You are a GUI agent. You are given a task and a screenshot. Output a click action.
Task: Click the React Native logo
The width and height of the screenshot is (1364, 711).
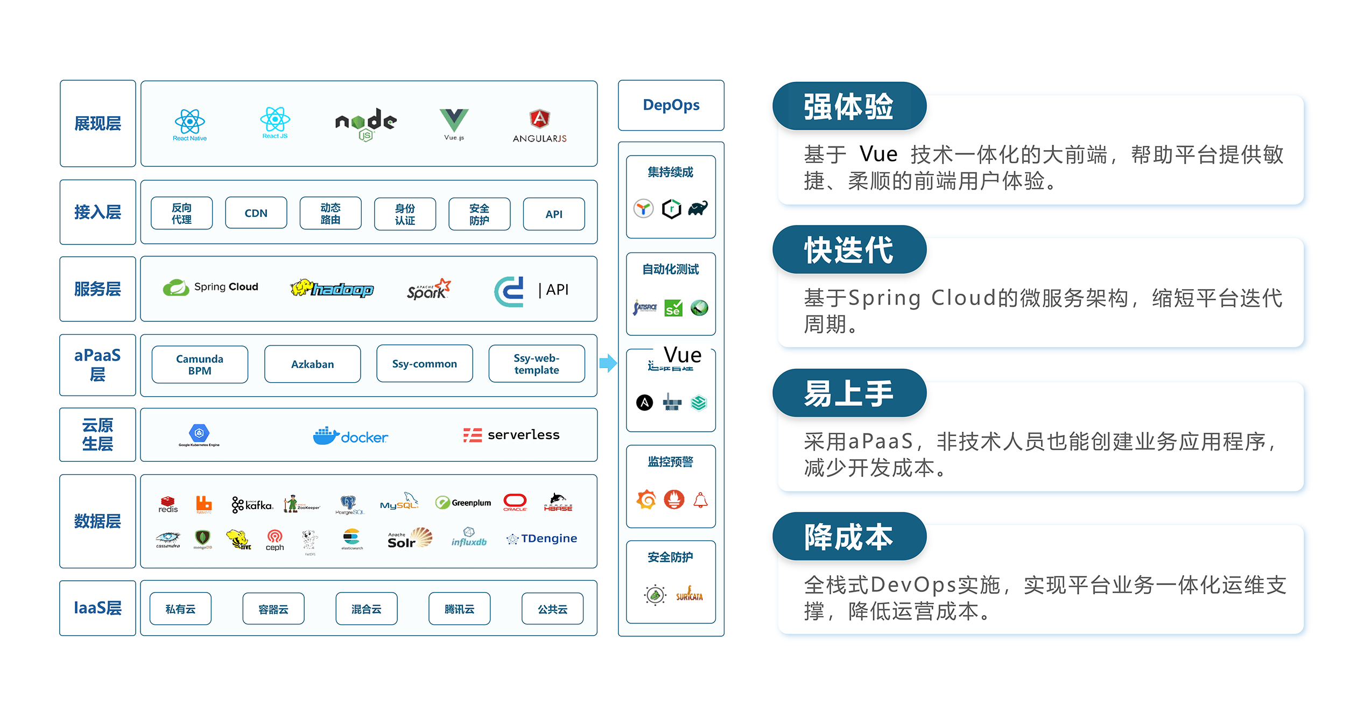coord(189,124)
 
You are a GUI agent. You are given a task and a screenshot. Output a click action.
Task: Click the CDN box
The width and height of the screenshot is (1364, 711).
coord(256,213)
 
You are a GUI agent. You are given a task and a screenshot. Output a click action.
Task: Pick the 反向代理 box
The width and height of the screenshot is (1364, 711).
coord(181,213)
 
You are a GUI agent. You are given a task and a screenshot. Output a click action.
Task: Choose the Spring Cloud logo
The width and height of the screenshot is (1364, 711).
coord(210,287)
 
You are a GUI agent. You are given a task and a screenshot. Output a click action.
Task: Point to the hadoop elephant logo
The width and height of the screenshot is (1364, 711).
coord(332,289)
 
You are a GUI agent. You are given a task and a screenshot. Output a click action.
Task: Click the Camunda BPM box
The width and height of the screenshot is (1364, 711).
coord(200,364)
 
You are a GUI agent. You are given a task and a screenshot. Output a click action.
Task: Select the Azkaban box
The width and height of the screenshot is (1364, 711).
coord(312,364)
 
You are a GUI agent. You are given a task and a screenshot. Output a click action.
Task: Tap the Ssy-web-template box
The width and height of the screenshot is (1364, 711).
coord(536,364)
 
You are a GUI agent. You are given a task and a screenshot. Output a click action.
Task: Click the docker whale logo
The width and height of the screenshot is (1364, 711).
coord(350,436)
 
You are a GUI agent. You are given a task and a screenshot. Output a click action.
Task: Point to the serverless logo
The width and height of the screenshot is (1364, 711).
coord(511,435)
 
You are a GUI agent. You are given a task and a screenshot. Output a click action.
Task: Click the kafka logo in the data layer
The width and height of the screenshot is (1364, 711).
coord(252,504)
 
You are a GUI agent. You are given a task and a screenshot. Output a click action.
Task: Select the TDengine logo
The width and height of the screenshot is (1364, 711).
coord(542,538)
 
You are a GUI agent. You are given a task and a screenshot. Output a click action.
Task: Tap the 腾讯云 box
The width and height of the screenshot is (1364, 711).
coord(459,609)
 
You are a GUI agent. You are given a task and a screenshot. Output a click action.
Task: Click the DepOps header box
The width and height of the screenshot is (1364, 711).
coord(671,105)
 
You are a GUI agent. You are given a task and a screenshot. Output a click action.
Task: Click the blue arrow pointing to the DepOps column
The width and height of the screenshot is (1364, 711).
coord(608,363)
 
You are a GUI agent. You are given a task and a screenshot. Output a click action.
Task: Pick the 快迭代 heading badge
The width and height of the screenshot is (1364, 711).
coord(849,250)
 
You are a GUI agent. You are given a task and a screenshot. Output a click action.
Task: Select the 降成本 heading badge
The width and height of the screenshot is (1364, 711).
coord(849,537)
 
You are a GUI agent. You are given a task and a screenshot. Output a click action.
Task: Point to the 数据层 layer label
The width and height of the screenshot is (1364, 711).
coord(97,521)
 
